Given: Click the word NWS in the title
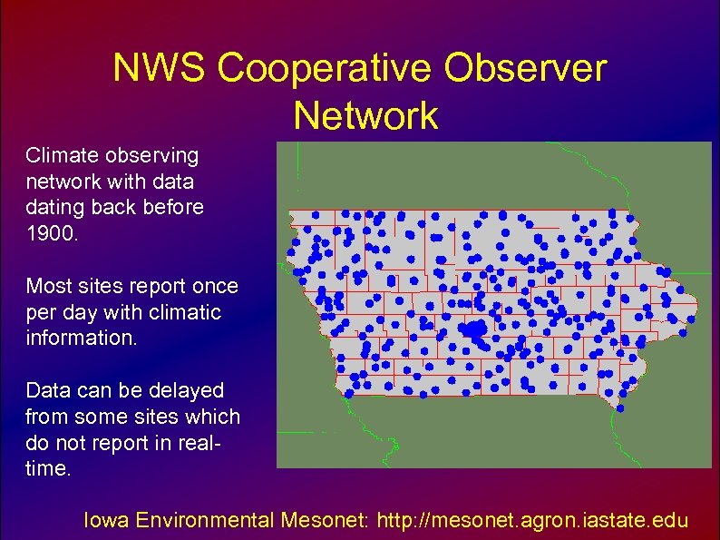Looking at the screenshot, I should coord(159,70).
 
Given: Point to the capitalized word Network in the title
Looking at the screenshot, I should coord(365,116).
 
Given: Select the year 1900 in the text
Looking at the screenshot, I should coord(53,234).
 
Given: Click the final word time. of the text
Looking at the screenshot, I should coord(48,470).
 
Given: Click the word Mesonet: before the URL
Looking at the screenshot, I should coord(325,521).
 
